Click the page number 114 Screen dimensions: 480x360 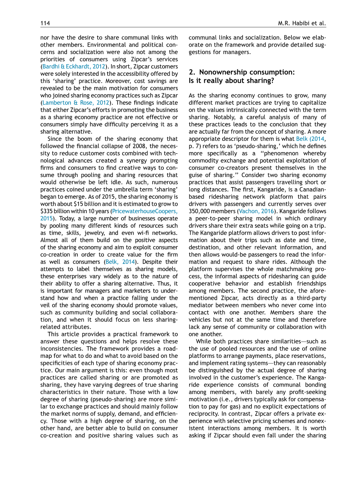(45, 23)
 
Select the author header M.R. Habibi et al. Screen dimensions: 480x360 (302, 23)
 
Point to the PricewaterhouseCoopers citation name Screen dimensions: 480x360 (145, 211)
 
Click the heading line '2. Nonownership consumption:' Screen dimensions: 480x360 (241, 72)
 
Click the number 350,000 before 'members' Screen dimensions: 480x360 (201, 211)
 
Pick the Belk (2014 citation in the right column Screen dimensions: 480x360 (311, 139)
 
